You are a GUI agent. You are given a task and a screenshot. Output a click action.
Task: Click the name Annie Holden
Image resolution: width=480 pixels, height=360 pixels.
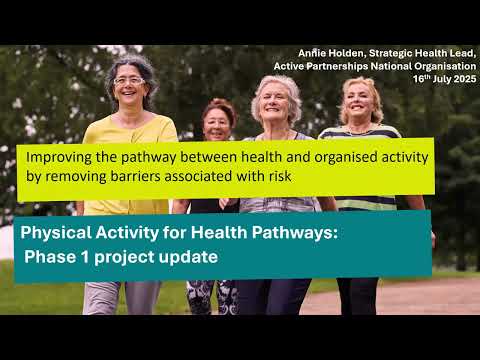331,53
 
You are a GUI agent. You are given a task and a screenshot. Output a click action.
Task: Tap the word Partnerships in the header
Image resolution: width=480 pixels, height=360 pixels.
346,66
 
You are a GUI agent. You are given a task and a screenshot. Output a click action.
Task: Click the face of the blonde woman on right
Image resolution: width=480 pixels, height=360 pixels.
357,100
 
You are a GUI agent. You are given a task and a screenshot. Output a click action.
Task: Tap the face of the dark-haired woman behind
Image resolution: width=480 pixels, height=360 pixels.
217,123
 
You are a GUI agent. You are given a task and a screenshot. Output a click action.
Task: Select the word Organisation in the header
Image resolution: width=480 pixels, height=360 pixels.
441,66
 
